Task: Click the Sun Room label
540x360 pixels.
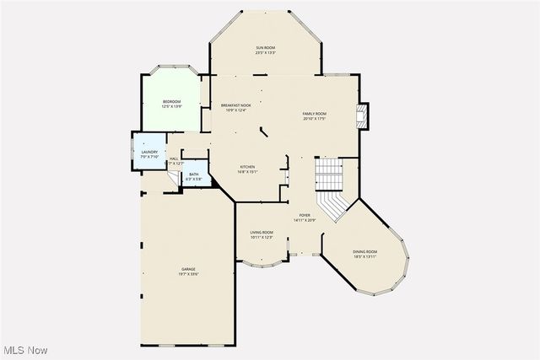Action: (266, 47)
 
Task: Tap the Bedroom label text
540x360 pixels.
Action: (171, 102)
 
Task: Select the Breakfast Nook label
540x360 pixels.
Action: (236, 105)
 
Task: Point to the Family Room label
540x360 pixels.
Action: (315, 114)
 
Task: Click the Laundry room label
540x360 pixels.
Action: (149, 152)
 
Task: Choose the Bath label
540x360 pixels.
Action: (194, 175)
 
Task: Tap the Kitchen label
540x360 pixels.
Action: (247, 167)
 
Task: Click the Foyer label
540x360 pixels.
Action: (304, 216)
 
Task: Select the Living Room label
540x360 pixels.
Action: (262, 232)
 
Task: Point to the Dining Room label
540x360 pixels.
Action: (365, 252)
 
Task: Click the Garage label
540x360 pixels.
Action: (187, 269)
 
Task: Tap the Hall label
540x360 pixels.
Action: (174, 159)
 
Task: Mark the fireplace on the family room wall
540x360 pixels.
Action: (362, 116)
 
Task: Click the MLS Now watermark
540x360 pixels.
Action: (24, 350)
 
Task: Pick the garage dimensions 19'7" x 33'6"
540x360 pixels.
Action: (187, 274)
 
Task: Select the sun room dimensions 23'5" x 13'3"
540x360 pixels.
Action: (266, 53)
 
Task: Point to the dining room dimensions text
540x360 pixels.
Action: (365, 257)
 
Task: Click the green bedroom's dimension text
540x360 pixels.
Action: (171, 107)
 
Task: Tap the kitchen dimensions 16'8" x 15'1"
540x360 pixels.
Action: (247, 172)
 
